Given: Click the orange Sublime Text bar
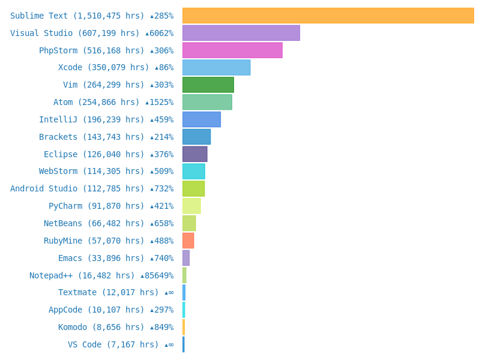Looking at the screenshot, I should [x=328, y=16].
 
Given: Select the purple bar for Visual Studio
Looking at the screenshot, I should [x=241, y=33].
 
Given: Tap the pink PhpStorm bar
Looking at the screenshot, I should [x=232, y=50].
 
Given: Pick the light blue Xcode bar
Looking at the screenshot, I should [x=216, y=67].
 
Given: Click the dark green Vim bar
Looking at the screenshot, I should [x=208, y=85].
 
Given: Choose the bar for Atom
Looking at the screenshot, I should [x=207, y=102].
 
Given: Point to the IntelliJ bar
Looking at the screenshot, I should [x=201, y=119].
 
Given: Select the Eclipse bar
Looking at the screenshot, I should [x=194, y=154].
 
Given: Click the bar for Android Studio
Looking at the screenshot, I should [x=193, y=188].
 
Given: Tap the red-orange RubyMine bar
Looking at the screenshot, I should [x=188, y=241].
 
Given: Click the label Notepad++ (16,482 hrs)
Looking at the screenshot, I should [x=82, y=275].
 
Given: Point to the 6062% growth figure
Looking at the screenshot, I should [x=160, y=33].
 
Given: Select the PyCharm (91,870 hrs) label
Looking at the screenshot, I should [x=97, y=206].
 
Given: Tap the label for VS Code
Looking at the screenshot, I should [x=113, y=344].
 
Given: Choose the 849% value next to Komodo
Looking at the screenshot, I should [x=162, y=327].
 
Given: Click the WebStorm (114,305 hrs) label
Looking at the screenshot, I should [x=92, y=171].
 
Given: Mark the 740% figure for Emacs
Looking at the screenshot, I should [x=162, y=258].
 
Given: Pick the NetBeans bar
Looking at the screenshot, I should [x=189, y=223].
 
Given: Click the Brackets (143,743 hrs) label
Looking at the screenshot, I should [x=92, y=137].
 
